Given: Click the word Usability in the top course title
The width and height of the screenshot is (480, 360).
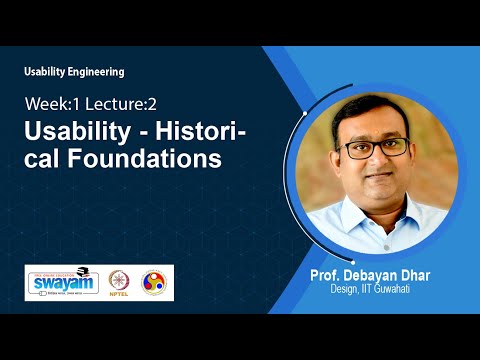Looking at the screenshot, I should (x=47, y=72).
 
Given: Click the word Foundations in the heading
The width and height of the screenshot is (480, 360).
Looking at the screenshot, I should (x=143, y=159).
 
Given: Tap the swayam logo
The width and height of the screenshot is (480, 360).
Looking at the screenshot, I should (x=63, y=282).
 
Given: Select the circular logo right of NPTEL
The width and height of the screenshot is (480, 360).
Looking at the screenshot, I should (x=155, y=282).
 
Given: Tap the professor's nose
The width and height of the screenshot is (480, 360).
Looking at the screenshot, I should (x=376, y=162).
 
